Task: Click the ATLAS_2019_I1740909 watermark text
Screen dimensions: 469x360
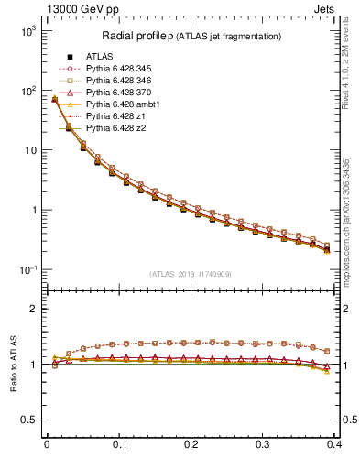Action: coord(191,274)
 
